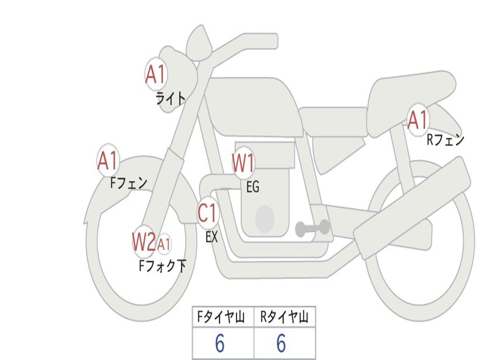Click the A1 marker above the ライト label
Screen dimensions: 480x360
point(156,75)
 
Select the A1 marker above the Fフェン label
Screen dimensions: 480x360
point(108,161)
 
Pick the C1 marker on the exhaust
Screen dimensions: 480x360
point(208,213)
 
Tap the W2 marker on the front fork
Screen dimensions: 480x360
point(143,242)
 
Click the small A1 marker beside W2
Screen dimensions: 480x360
point(164,244)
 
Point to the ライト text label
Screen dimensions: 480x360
point(171,98)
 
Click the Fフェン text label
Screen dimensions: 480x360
point(129,183)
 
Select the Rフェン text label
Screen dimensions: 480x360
point(445,140)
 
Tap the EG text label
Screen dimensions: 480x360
point(253,187)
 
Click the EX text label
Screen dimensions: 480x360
point(212,237)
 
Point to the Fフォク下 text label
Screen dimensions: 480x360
point(162,266)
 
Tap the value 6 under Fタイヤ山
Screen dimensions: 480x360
point(219,344)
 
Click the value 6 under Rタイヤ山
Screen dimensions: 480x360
point(281,344)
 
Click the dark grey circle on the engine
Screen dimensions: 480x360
point(265,218)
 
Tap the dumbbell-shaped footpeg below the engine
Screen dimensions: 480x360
point(312,228)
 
